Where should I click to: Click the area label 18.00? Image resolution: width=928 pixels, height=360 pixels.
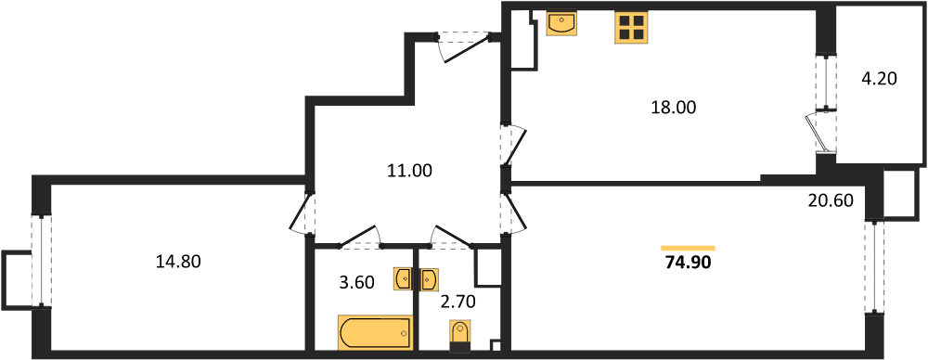point(673,108)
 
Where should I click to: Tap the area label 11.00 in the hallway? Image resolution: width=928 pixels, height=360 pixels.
point(410,171)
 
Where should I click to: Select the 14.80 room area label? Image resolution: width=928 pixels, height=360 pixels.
point(178,262)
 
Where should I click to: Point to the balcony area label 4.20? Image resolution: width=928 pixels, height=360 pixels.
point(879,79)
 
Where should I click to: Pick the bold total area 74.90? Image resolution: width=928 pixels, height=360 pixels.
point(688,263)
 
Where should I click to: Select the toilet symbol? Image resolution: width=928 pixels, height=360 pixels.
point(460,336)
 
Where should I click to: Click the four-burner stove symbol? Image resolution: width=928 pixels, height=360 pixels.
point(631,28)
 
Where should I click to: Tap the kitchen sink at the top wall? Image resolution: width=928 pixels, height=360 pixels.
point(561,23)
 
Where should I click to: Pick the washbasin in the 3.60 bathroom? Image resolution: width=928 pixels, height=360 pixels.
point(403,278)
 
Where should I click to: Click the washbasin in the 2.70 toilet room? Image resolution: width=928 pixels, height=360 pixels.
point(429,278)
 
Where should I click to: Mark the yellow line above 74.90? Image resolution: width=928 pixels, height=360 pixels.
point(688,248)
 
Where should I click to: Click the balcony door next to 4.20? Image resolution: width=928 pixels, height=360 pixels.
point(822,130)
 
